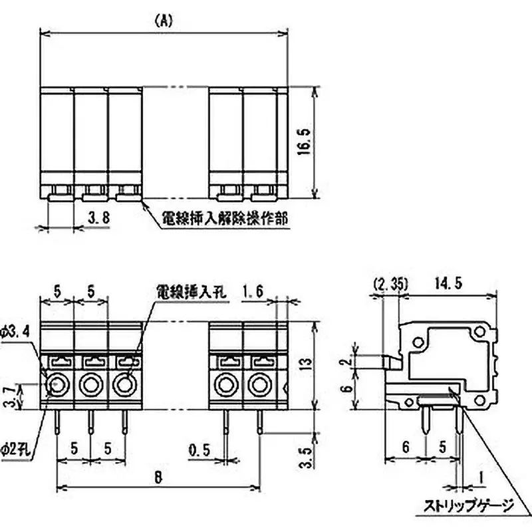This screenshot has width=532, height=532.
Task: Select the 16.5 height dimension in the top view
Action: point(304,142)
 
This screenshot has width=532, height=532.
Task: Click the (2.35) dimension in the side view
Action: point(390,284)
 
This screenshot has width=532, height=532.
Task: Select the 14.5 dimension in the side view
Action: point(450,284)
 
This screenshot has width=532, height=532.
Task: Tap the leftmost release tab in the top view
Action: point(59,194)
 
